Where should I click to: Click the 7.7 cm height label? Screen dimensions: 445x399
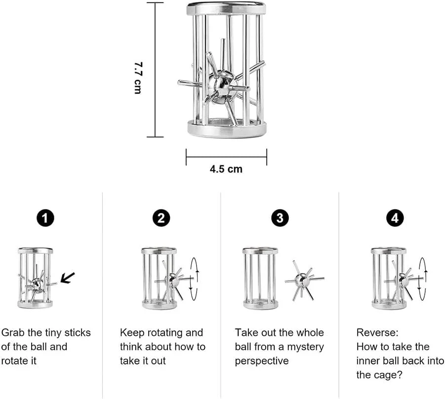[138, 78]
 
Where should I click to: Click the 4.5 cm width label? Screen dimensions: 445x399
[226, 169]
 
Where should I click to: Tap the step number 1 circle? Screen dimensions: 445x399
[45, 218]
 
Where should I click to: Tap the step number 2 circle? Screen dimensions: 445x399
[161, 218]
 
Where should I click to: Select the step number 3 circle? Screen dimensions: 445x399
[280, 218]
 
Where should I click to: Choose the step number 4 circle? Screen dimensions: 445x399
[395, 218]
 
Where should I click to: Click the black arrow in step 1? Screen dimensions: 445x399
[68, 278]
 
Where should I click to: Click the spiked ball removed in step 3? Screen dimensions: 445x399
[303, 280]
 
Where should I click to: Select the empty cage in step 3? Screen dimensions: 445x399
[260, 279]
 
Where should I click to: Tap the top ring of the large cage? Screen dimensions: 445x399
[226, 8]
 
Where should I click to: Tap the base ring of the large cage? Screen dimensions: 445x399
[227, 128]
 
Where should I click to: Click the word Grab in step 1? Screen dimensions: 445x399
[13, 333]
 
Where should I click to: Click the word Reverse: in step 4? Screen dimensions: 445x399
[377, 333]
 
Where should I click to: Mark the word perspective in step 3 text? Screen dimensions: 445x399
[262, 361]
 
